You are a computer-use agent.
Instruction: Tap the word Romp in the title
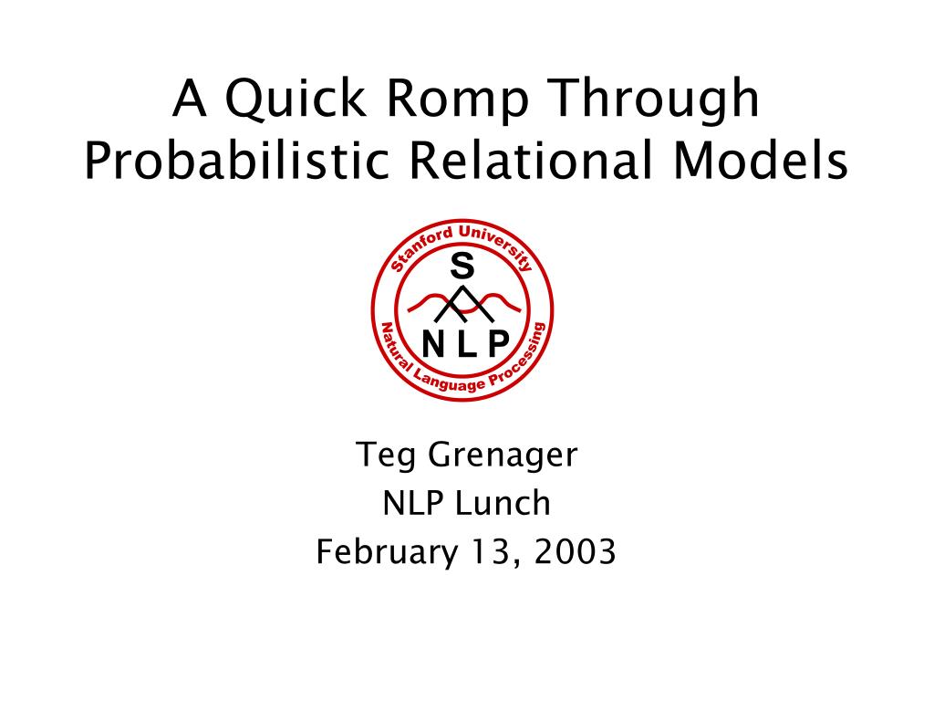click(457, 100)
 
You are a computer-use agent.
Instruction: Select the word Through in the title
click(654, 100)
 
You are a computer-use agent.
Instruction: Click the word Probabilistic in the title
click(236, 160)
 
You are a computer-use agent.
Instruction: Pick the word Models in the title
click(761, 159)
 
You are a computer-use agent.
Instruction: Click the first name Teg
click(386, 456)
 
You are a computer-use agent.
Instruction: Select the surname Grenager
click(503, 456)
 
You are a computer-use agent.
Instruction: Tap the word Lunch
click(503, 503)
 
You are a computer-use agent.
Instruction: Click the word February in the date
click(387, 552)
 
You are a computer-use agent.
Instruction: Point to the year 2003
click(575, 551)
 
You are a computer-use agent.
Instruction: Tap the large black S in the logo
click(462, 266)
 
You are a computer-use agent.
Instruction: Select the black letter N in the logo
click(433, 343)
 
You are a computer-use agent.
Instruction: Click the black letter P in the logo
click(498, 343)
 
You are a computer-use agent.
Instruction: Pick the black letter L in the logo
click(466, 343)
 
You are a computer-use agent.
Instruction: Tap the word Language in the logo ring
click(450, 382)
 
